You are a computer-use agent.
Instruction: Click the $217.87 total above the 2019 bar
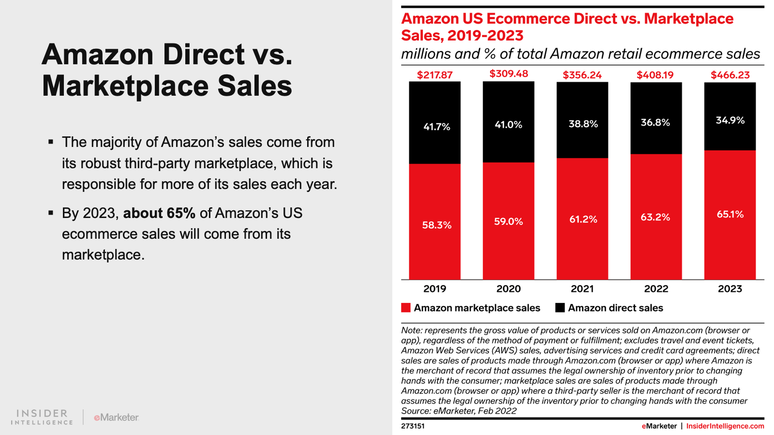(x=434, y=75)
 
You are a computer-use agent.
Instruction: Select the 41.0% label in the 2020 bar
(x=508, y=125)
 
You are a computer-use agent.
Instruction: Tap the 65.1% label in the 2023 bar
(x=730, y=214)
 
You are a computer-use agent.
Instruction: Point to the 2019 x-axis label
(x=434, y=289)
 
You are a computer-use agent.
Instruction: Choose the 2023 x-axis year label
(x=729, y=289)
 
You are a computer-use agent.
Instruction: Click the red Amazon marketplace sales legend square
(x=406, y=308)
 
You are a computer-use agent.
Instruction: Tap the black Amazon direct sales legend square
(x=560, y=308)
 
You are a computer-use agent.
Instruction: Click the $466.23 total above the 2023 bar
(x=729, y=75)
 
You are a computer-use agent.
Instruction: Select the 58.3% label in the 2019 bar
(x=436, y=225)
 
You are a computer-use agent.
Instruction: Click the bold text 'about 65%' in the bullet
(x=159, y=213)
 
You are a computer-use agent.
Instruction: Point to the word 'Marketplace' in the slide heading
(x=125, y=86)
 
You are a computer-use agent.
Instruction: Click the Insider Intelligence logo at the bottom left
(x=42, y=417)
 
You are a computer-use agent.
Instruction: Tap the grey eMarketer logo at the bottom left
(x=116, y=417)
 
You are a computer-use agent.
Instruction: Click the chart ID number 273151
(x=413, y=426)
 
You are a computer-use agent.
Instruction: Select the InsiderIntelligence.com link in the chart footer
(x=725, y=426)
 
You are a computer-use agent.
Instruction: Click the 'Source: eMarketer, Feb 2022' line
(x=459, y=411)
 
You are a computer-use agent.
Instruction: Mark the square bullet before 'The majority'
(x=51, y=142)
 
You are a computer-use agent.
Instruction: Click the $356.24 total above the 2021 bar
(x=582, y=75)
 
